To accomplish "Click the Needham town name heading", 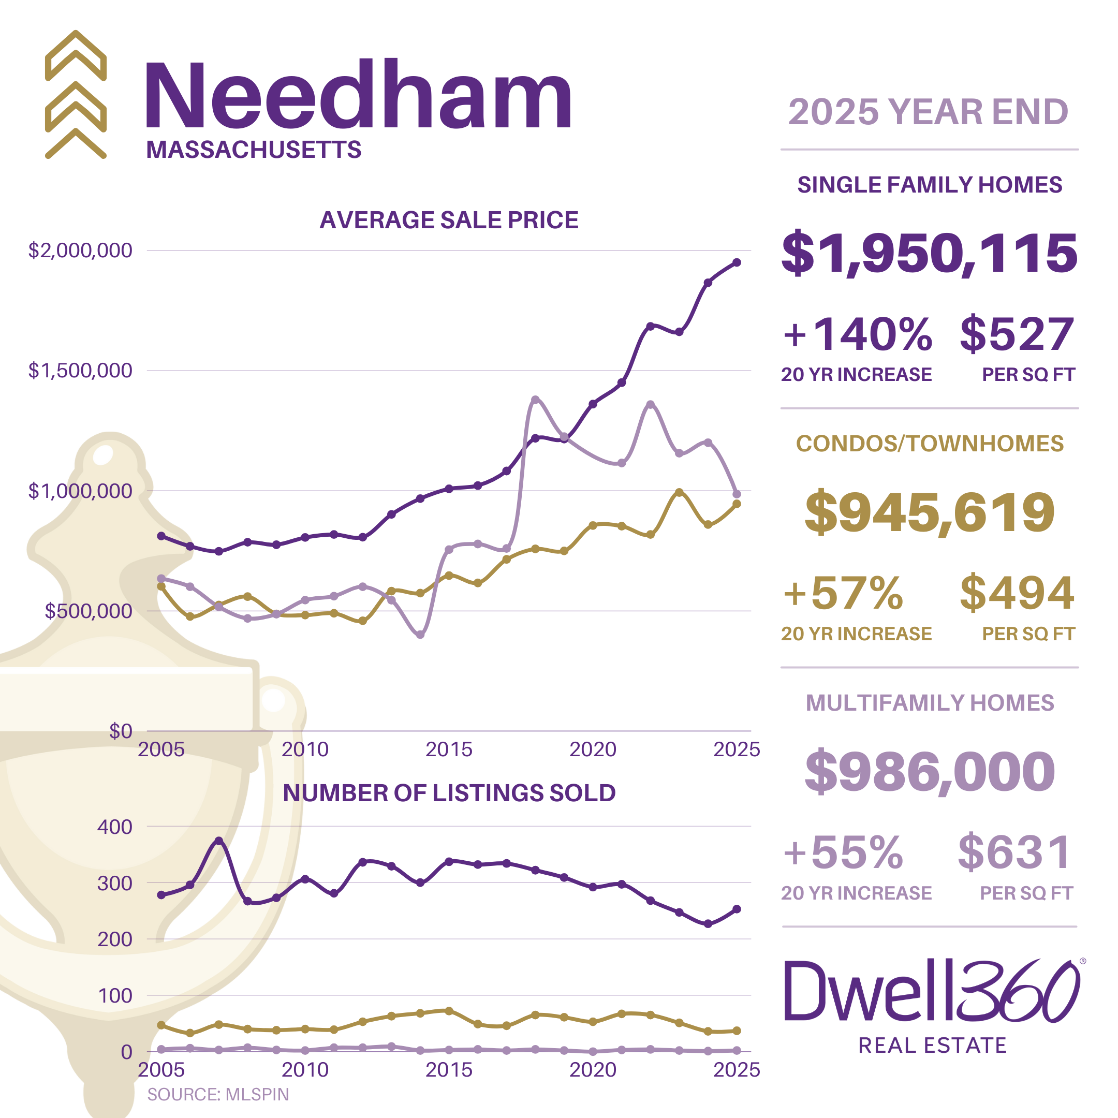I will (358, 95).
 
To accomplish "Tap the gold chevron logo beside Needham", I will (76, 94).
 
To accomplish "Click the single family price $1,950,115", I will (929, 254).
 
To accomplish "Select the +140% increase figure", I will (857, 335).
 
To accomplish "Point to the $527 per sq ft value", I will (1017, 335).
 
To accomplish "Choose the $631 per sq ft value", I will (1015, 853).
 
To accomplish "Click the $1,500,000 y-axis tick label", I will (80, 371).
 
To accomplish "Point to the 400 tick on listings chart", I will (114, 827).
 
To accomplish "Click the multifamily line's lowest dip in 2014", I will (421, 635).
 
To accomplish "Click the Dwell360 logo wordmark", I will (932, 992).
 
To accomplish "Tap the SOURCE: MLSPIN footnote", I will (217, 1094).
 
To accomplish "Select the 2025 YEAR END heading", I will (928, 112).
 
